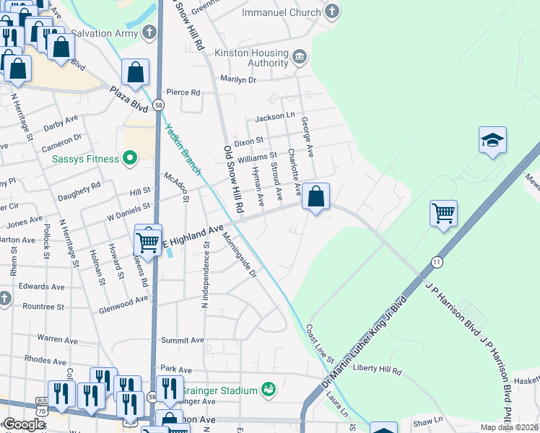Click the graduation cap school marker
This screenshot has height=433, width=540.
click(x=492, y=140)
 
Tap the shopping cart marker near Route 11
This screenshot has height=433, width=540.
click(x=443, y=213)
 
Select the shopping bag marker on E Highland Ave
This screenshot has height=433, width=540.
click(x=315, y=196)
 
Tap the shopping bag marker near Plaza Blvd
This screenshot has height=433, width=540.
click(x=135, y=72)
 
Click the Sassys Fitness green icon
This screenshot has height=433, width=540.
click(x=130, y=157)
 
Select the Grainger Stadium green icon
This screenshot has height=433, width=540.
click(x=269, y=390)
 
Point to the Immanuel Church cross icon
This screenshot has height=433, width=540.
click(x=331, y=12)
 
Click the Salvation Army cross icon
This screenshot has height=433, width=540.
click(x=149, y=32)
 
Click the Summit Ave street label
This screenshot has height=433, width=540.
click(x=182, y=340)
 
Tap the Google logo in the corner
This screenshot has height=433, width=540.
click(x=24, y=424)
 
